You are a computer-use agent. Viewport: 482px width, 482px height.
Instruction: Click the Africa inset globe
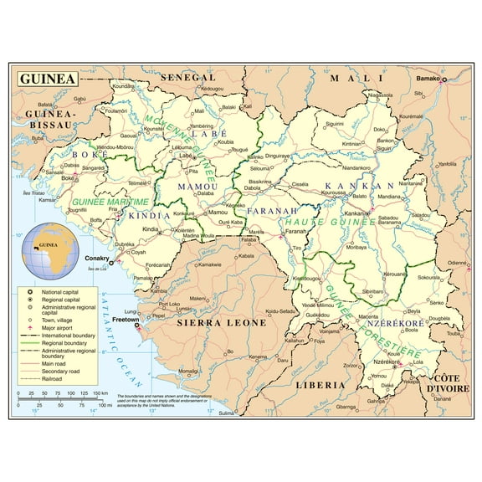click(48, 249)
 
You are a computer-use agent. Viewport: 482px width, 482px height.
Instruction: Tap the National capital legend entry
click(59, 290)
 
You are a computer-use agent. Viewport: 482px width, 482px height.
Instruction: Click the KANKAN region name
click(359, 186)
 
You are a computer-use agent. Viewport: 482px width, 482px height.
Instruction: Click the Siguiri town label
click(335, 124)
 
